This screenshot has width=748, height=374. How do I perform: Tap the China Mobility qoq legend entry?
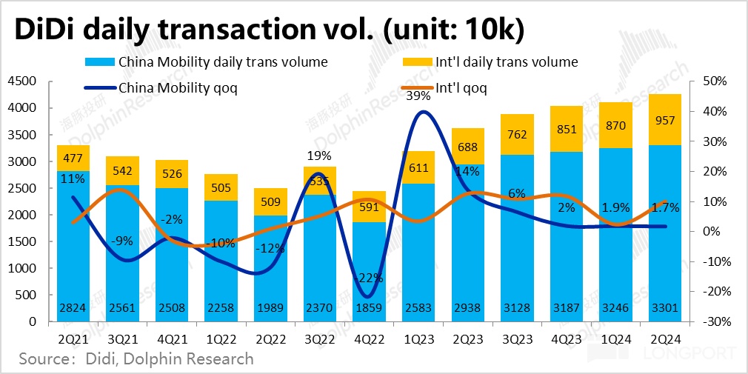[177, 88]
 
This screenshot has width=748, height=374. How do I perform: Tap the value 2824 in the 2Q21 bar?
[73, 308]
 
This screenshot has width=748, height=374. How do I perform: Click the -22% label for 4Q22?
[370, 278]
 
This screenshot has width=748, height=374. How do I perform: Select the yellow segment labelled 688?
[468, 147]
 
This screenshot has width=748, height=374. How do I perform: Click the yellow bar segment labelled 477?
[73, 158]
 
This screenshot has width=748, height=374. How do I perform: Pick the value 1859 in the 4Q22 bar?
[370, 308]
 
